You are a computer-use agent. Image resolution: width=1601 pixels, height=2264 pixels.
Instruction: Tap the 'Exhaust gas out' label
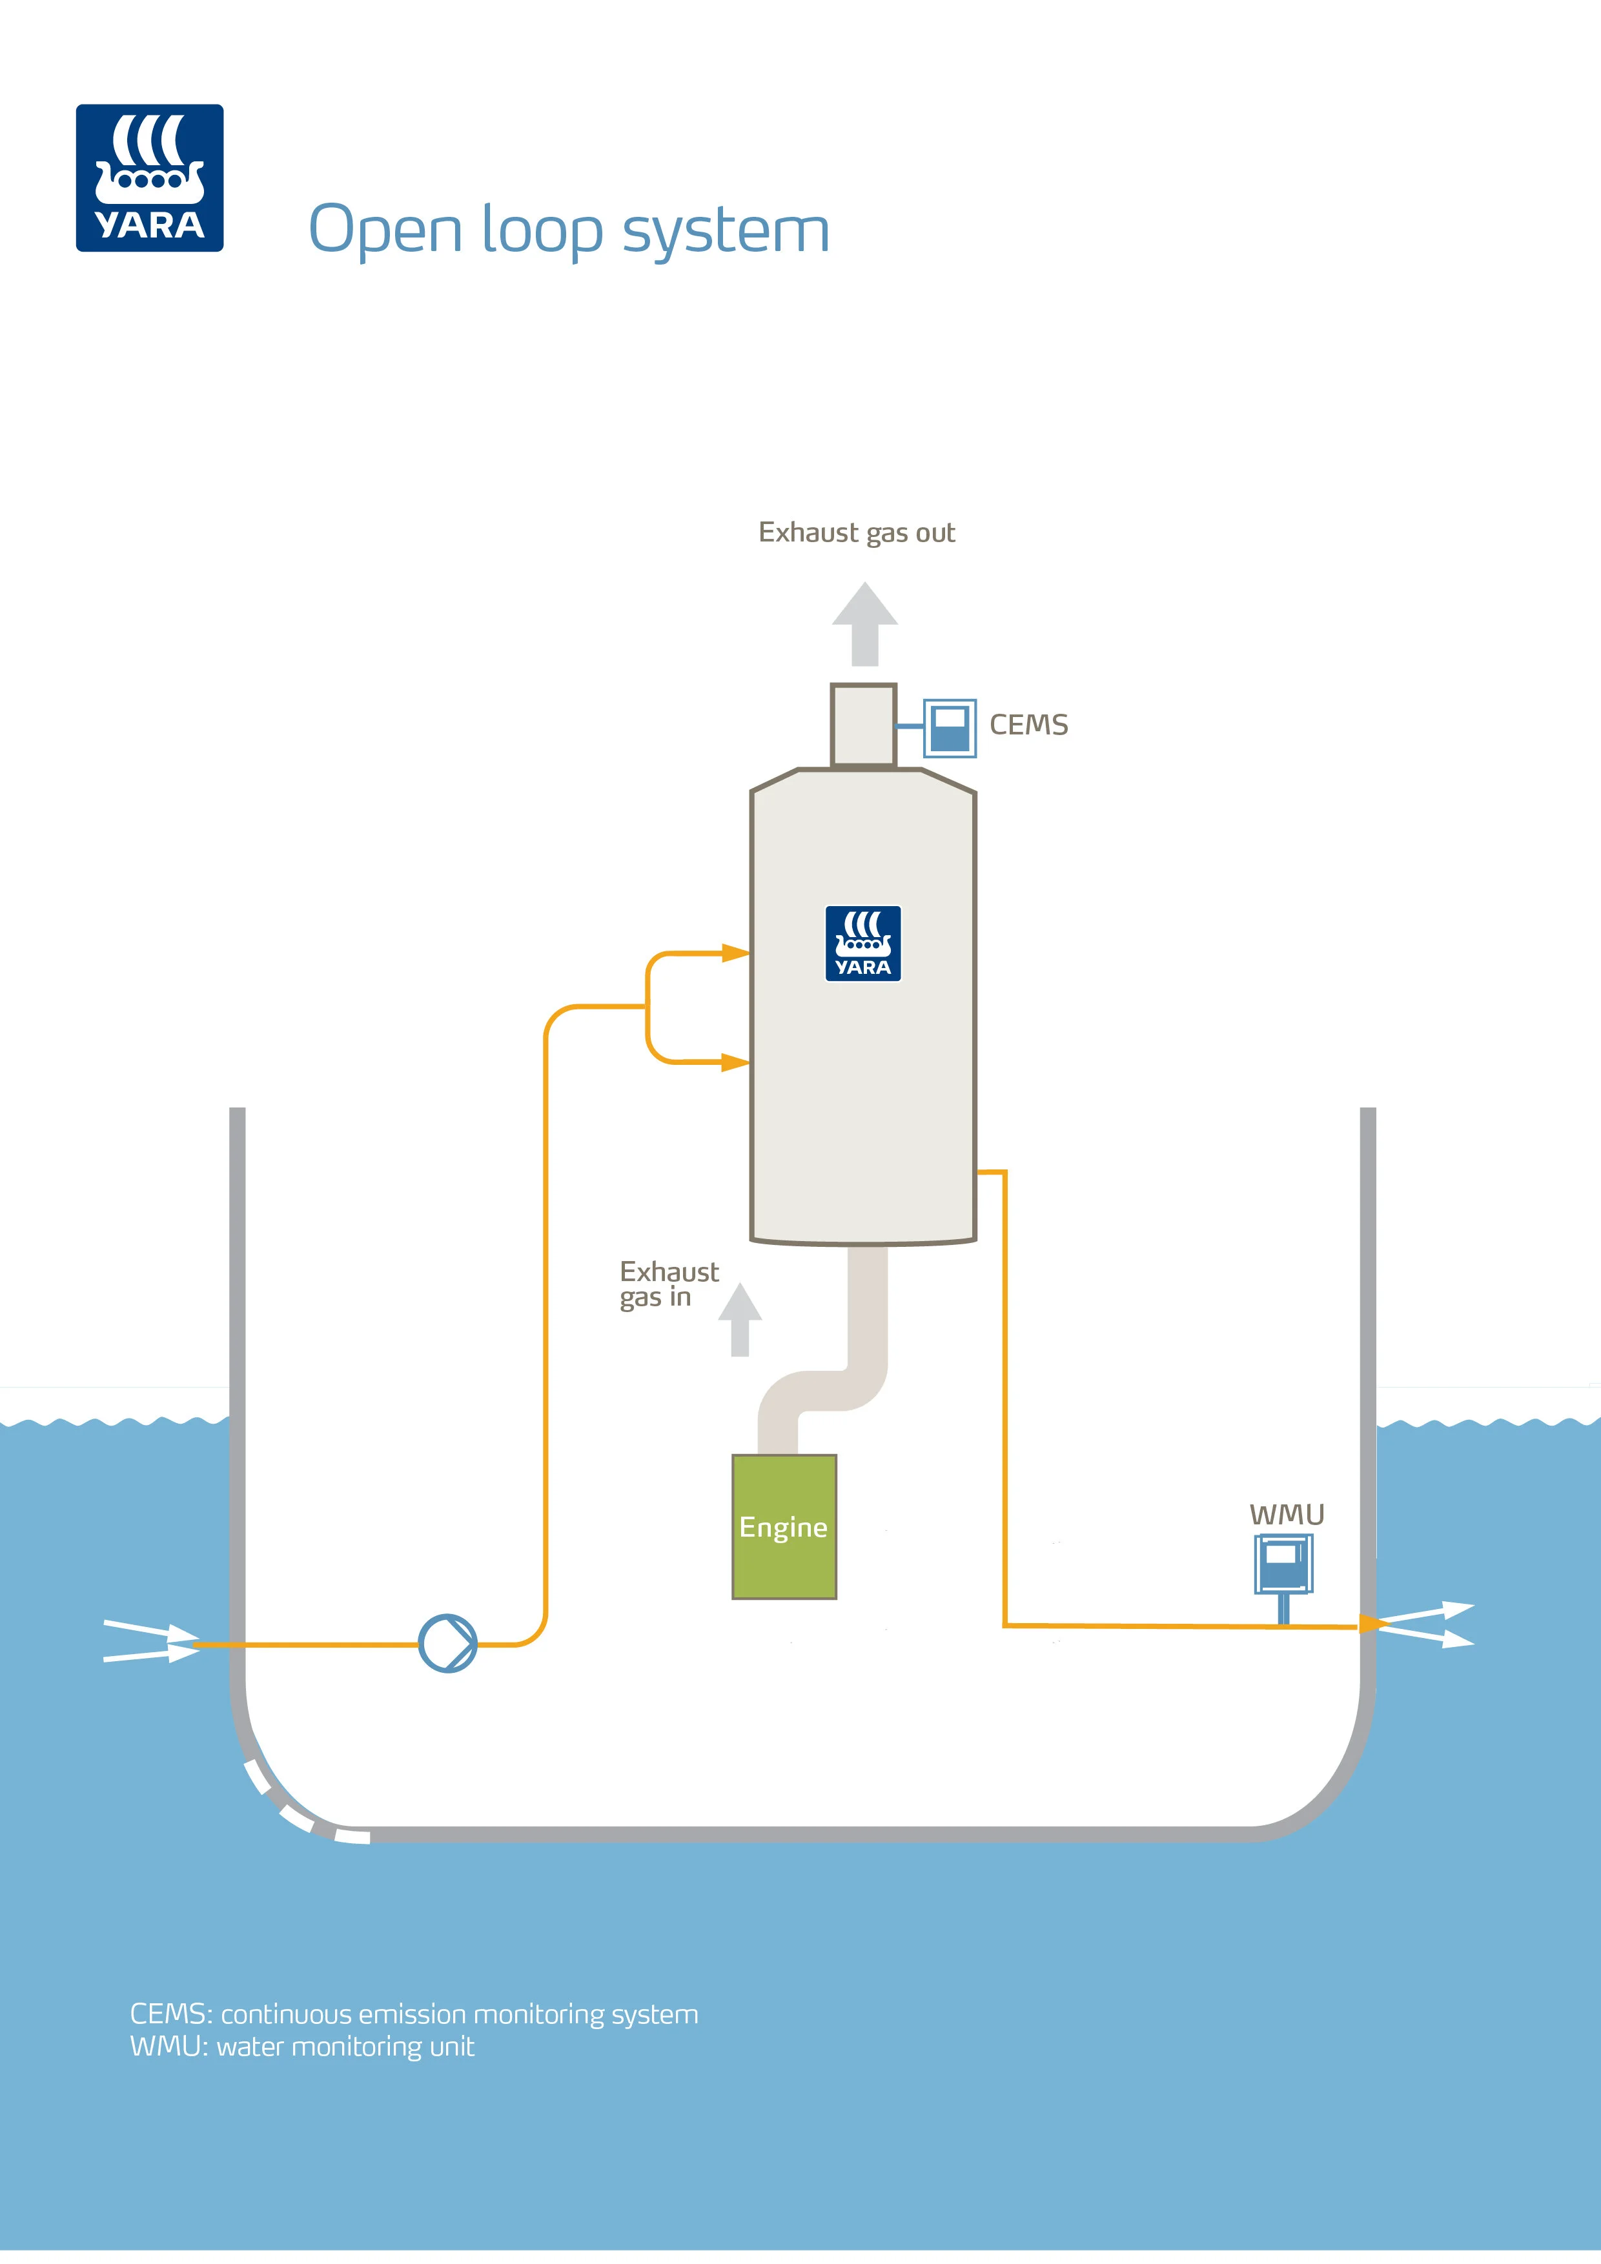856,534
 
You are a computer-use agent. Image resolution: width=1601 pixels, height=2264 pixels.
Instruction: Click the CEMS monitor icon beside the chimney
949,728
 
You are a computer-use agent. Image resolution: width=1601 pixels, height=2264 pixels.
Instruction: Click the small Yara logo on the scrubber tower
863,944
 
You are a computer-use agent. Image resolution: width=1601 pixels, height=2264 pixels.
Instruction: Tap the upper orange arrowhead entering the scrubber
735,953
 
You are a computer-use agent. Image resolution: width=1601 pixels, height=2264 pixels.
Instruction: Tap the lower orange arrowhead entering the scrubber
735,1062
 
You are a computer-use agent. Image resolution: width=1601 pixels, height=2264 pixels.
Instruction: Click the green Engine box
784,1526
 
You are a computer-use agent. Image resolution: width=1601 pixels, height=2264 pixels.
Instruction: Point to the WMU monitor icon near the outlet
1283,1566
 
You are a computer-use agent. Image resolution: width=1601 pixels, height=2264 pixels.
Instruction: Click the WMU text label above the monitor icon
1287,1515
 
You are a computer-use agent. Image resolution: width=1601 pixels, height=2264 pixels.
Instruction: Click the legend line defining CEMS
414,2014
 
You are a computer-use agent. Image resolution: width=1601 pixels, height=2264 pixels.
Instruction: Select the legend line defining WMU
302,2047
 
